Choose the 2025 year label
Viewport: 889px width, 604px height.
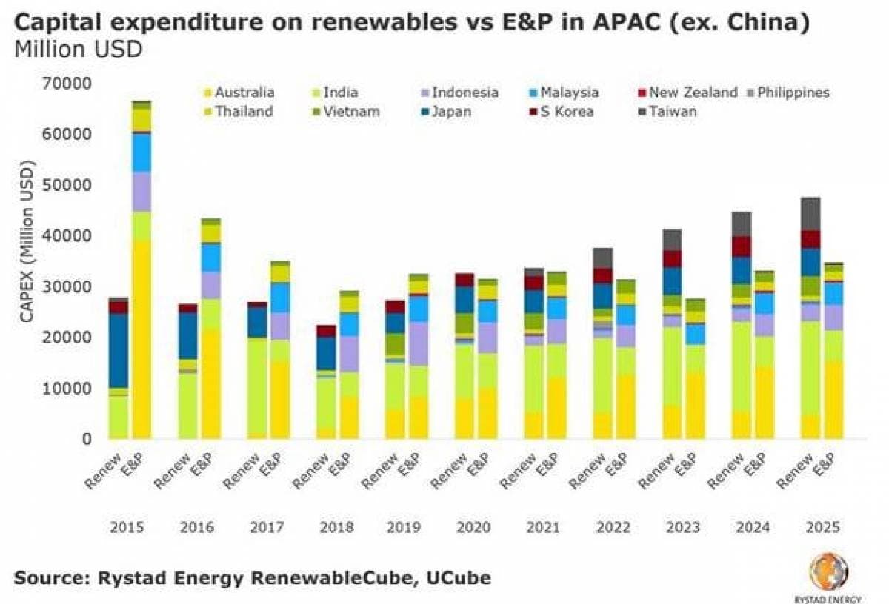coord(823,528)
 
